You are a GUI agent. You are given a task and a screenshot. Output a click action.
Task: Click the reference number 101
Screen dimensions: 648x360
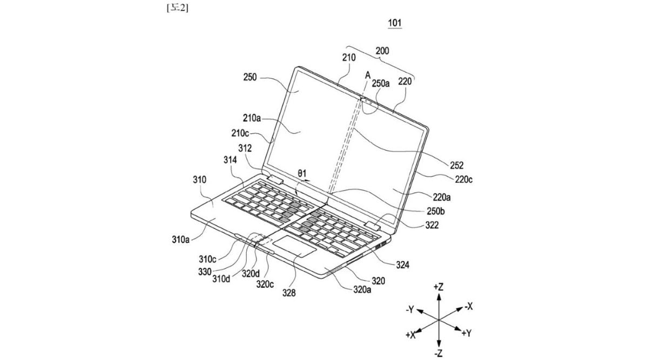[395, 23]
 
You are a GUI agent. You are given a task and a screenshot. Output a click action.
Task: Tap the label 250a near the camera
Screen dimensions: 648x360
[381, 84]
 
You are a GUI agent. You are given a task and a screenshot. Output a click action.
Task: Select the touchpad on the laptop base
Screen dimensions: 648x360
[294, 246]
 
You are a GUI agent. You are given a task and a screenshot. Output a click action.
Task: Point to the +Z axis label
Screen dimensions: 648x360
[438, 287]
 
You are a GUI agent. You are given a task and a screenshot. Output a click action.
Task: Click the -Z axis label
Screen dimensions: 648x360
[439, 353]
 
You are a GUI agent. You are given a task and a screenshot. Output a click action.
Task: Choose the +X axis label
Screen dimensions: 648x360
[411, 335]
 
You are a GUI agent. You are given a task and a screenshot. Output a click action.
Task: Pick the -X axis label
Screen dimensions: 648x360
[468, 307]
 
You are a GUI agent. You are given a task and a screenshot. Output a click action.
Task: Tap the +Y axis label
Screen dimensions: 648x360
[467, 334]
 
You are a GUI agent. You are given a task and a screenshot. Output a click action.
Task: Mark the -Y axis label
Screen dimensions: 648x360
[410, 310]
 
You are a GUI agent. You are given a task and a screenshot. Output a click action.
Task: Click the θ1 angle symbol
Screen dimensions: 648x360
[302, 173]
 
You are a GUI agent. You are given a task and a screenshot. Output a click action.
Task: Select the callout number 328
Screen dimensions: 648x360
[289, 293]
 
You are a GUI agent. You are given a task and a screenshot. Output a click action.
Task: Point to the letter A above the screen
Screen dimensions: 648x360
[368, 76]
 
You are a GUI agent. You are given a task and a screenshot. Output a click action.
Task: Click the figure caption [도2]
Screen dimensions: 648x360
[177, 8]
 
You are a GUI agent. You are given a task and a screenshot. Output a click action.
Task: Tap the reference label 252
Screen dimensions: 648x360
[457, 165]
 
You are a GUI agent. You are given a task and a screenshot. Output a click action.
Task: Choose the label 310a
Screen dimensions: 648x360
[181, 240]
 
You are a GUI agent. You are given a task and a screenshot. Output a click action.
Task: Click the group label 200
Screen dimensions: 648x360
[382, 51]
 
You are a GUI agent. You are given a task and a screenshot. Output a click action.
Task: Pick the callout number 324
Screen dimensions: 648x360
[402, 264]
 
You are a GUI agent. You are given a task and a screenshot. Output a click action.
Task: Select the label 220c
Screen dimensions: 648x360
[464, 180]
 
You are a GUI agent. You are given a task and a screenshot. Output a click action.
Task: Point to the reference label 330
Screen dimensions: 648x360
[205, 272]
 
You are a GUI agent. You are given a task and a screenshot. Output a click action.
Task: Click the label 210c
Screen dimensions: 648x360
[240, 133]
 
